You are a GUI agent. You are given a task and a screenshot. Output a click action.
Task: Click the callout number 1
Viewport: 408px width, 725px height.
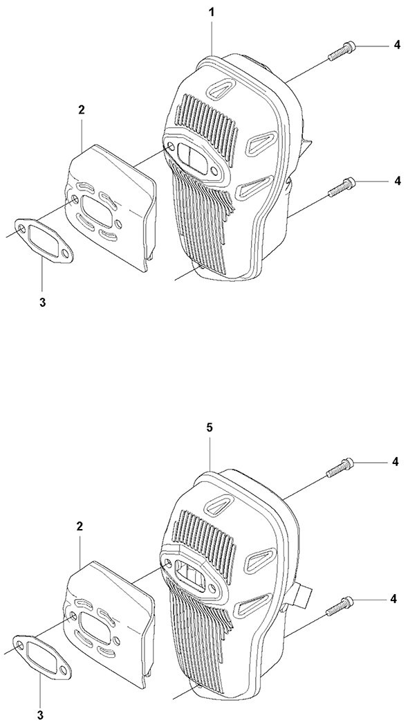click(x=212, y=12)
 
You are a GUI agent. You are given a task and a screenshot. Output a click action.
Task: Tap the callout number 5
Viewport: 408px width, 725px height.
click(x=210, y=428)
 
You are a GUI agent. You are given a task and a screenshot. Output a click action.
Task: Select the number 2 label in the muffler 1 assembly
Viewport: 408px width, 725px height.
click(x=81, y=110)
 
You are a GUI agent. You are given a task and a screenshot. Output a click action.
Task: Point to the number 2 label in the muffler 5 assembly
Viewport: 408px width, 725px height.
click(x=80, y=526)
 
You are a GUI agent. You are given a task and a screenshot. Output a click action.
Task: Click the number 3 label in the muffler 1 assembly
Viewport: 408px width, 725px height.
click(x=42, y=303)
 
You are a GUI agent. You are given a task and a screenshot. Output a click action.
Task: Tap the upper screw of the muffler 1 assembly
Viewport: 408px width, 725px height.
click(x=342, y=51)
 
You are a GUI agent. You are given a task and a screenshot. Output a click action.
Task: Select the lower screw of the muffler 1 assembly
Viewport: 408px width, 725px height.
click(x=342, y=187)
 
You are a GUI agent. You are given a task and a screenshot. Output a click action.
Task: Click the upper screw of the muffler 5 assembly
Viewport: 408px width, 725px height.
click(x=341, y=467)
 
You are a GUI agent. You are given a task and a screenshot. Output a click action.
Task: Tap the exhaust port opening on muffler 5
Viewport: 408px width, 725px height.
click(x=190, y=573)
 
